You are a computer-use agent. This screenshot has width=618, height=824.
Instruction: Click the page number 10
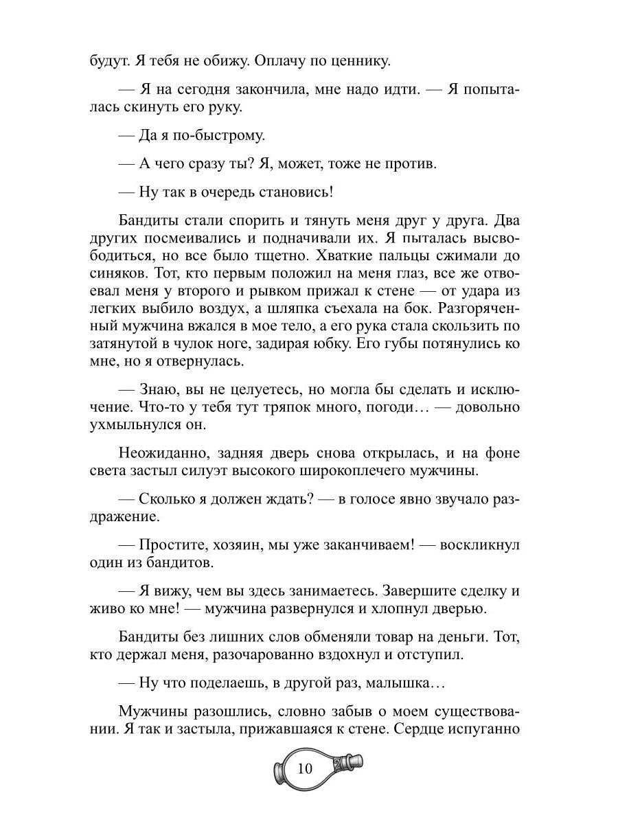pyautogui.click(x=305, y=768)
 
